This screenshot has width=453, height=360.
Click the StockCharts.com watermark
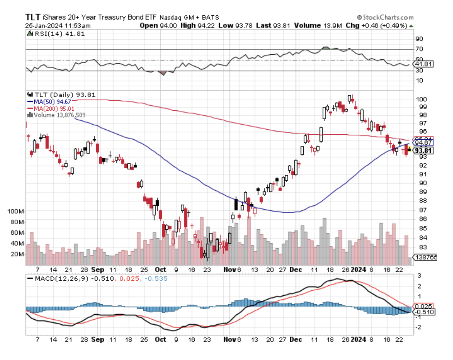tap(386, 17)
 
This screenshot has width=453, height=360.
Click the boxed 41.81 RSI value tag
tap(424, 64)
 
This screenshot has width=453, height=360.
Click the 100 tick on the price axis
tap(422, 99)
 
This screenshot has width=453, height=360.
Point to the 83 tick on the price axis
tap(423, 247)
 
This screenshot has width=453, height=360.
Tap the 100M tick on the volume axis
tap(16, 211)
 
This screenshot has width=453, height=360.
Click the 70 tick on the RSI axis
tap(419, 49)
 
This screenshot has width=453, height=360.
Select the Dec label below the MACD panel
tap(296, 339)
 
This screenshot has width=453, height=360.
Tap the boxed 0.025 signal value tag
tap(424, 306)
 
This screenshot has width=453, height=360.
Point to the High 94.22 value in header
tap(197, 26)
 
